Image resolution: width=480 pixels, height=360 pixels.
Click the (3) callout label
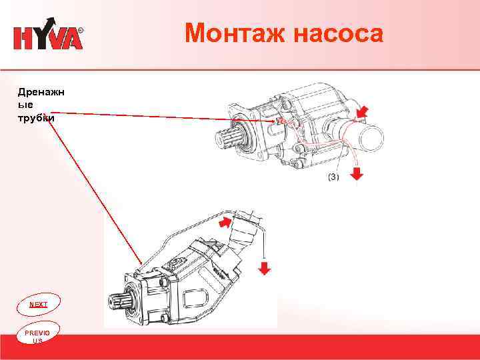[x=333, y=177]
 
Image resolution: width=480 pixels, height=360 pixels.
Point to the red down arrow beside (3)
[x=357, y=173]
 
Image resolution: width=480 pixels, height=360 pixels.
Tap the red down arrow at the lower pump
[x=265, y=268]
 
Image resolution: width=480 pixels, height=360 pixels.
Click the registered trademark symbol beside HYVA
[x=81, y=31]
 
